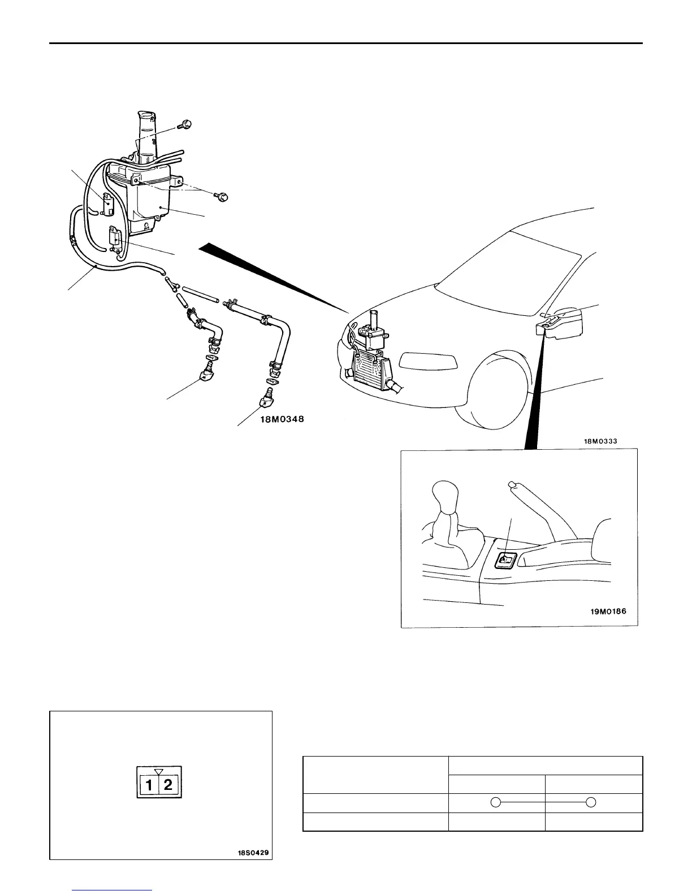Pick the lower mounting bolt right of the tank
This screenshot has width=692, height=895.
(x=222, y=197)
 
